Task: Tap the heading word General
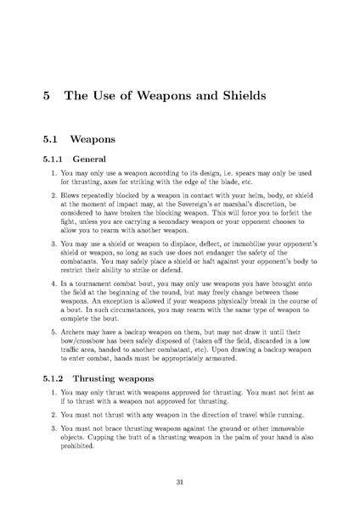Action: click(x=89, y=159)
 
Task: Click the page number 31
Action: click(x=180, y=482)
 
